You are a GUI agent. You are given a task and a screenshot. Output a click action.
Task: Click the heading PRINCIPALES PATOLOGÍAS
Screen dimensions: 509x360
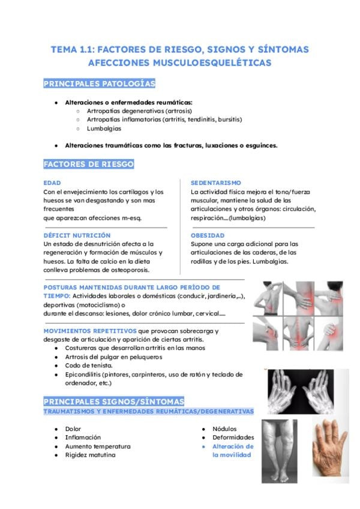pos(99,83)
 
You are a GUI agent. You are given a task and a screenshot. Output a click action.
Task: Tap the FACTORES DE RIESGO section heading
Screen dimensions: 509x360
pos(89,164)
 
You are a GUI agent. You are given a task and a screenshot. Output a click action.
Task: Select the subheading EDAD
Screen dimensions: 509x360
pos(52,182)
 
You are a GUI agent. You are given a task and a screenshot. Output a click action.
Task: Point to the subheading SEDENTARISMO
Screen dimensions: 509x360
pos(216,182)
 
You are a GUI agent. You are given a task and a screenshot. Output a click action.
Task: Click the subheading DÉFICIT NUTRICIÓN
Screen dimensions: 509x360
pos(77,235)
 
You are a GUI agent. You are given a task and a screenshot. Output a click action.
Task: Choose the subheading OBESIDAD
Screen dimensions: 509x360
pos(208,235)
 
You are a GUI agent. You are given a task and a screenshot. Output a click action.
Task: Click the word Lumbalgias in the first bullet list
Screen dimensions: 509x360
pos(104,128)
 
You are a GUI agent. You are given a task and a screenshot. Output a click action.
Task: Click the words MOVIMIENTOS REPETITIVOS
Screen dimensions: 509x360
pos(90,331)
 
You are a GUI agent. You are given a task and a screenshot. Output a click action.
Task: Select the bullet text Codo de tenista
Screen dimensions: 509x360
pos(89,366)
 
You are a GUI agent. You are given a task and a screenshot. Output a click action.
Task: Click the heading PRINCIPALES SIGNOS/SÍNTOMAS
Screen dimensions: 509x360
pos(114,401)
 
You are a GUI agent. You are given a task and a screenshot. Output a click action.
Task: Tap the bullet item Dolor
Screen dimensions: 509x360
pos(73,429)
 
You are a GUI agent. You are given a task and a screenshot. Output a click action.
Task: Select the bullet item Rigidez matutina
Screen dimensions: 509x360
pos(91,455)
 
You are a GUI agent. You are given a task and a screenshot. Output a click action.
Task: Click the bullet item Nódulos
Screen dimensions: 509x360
pos(224,429)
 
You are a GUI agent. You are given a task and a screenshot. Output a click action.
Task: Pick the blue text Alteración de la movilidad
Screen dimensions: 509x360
pos(233,451)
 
